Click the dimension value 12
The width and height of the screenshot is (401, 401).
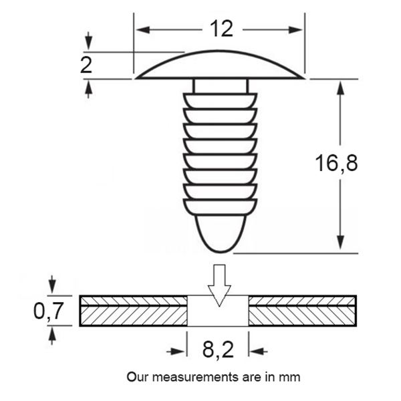(221, 29)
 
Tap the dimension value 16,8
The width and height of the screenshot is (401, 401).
(336, 163)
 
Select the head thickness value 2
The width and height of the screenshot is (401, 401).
(86, 65)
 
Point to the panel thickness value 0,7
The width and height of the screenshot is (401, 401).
(48, 311)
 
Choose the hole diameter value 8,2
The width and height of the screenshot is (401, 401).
(218, 350)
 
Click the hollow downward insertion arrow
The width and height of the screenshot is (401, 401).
(219, 285)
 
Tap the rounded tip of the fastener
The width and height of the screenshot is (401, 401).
(220, 234)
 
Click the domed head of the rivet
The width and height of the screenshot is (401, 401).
(220, 64)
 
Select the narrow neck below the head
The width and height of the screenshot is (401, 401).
(220, 86)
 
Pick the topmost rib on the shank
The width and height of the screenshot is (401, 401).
(220, 101)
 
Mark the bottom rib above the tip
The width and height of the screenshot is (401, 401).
(220, 207)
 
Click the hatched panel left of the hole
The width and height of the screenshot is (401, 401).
(133, 311)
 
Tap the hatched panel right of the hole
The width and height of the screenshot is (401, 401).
(303, 311)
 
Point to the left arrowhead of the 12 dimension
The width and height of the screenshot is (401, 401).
(143, 29)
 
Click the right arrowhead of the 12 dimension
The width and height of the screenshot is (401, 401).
(295, 29)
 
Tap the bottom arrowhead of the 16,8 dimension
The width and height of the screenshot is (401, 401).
(340, 242)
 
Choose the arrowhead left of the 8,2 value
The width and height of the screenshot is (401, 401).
(178, 352)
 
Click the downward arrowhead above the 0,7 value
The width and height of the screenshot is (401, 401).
(52, 286)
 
